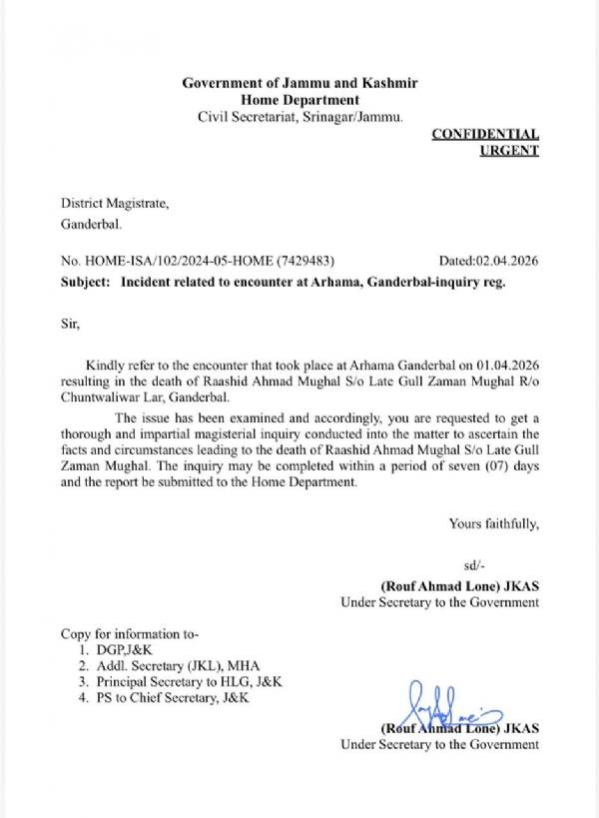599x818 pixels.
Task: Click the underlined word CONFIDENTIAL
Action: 486,134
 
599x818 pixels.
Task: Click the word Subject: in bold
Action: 86,283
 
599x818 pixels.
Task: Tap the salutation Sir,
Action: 71,324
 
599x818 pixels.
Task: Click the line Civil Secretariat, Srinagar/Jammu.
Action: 299,117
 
